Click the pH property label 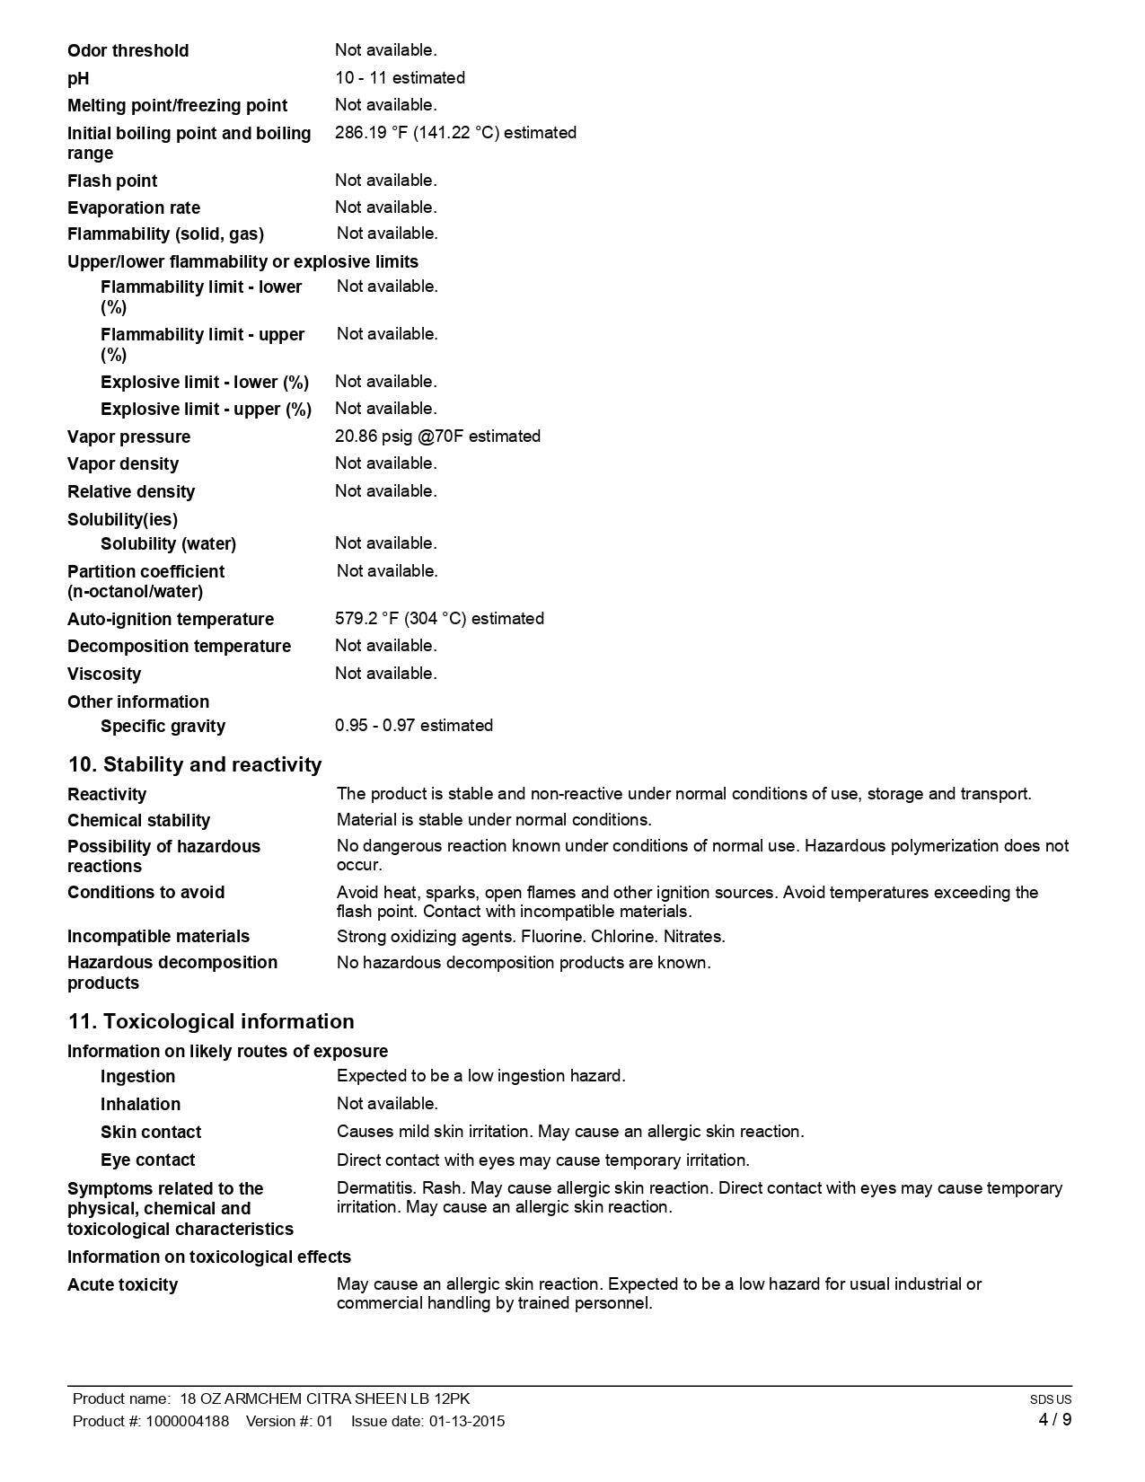pyautogui.click(x=78, y=79)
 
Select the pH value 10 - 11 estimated pyautogui.click(x=400, y=78)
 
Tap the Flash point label pyautogui.click(x=112, y=181)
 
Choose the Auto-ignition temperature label pyautogui.click(x=171, y=620)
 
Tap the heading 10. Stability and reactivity pyautogui.click(x=194, y=765)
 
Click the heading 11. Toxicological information pyautogui.click(x=211, y=1022)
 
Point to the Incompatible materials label pyautogui.click(x=158, y=937)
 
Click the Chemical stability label pyautogui.click(x=138, y=821)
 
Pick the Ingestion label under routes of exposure pyautogui.click(x=138, y=1077)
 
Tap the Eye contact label pyautogui.click(x=147, y=1160)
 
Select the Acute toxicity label pyautogui.click(x=122, y=1285)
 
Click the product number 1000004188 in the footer pyautogui.click(x=187, y=1421)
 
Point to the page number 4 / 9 pyautogui.click(x=1054, y=1420)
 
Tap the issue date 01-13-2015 pyautogui.click(x=466, y=1421)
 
